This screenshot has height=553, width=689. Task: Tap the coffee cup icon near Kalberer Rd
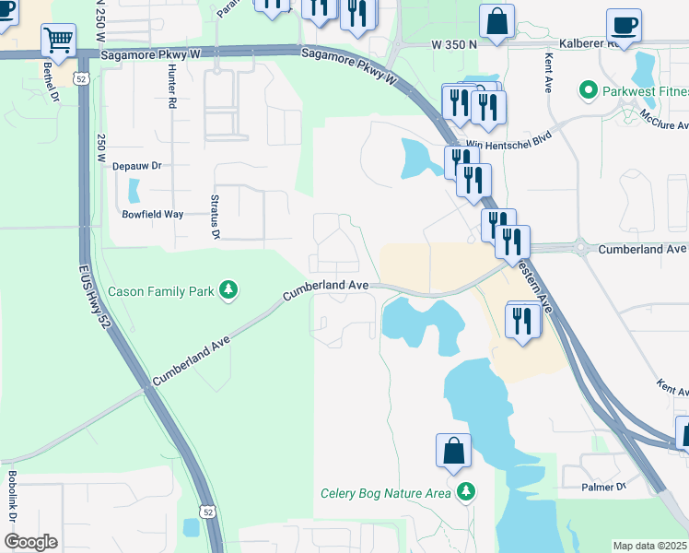(x=624, y=26)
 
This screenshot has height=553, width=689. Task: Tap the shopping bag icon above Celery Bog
(x=453, y=452)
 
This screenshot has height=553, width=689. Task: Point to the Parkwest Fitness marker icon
(x=586, y=90)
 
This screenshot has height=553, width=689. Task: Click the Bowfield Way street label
(x=153, y=214)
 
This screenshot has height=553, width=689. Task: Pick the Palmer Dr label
(x=604, y=486)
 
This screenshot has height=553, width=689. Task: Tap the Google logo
(x=30, y=542)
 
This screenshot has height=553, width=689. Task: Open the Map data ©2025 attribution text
(x=649, y=546)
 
